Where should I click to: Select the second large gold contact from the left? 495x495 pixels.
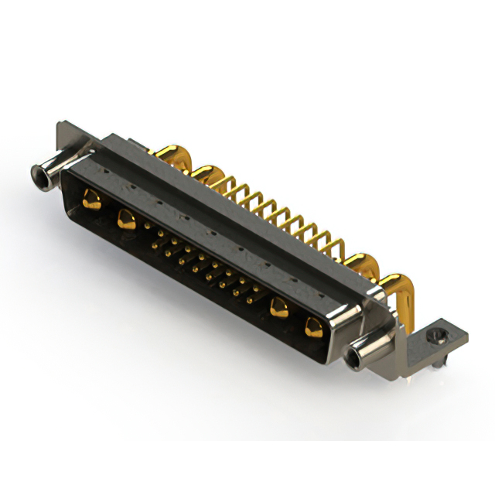coord(126,220)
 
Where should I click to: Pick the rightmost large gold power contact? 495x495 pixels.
coord(313,326)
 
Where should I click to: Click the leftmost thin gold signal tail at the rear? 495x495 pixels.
coord(227,182)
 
